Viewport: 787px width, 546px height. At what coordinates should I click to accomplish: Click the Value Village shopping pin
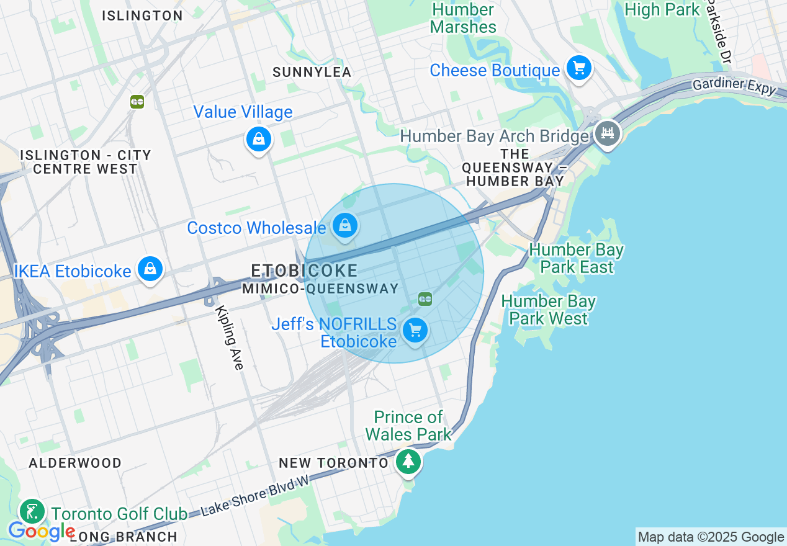[259, 140]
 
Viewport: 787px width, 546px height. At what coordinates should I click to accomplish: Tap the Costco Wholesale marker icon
[344, 226]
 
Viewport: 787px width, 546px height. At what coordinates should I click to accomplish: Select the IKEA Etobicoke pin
[150, 269]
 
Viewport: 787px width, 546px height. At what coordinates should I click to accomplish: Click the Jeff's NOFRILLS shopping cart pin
[415, 330]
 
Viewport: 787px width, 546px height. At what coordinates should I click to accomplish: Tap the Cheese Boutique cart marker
[579, 68]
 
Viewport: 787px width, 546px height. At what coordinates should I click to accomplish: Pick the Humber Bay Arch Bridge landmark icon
[607, 133]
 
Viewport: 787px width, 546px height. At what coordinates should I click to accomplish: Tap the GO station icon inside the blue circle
[425, 299]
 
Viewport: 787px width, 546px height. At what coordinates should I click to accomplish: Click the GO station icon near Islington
[137, 102]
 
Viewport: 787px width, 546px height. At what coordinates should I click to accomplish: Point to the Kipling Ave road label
[229, 338]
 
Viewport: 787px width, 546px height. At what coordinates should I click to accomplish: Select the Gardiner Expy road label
[734, 85]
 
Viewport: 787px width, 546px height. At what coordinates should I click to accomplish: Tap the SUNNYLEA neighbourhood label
[312, 73]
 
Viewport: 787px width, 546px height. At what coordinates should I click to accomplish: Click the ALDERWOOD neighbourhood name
[76, 463]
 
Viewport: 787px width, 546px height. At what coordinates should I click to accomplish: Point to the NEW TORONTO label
[333, 463]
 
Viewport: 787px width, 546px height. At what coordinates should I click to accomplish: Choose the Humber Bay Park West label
[548, 310]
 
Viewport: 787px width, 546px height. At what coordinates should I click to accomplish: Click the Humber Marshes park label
[463, 18]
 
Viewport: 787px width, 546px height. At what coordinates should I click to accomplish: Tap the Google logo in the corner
[41, 531]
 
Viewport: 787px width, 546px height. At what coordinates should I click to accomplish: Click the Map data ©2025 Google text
[711, 537]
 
